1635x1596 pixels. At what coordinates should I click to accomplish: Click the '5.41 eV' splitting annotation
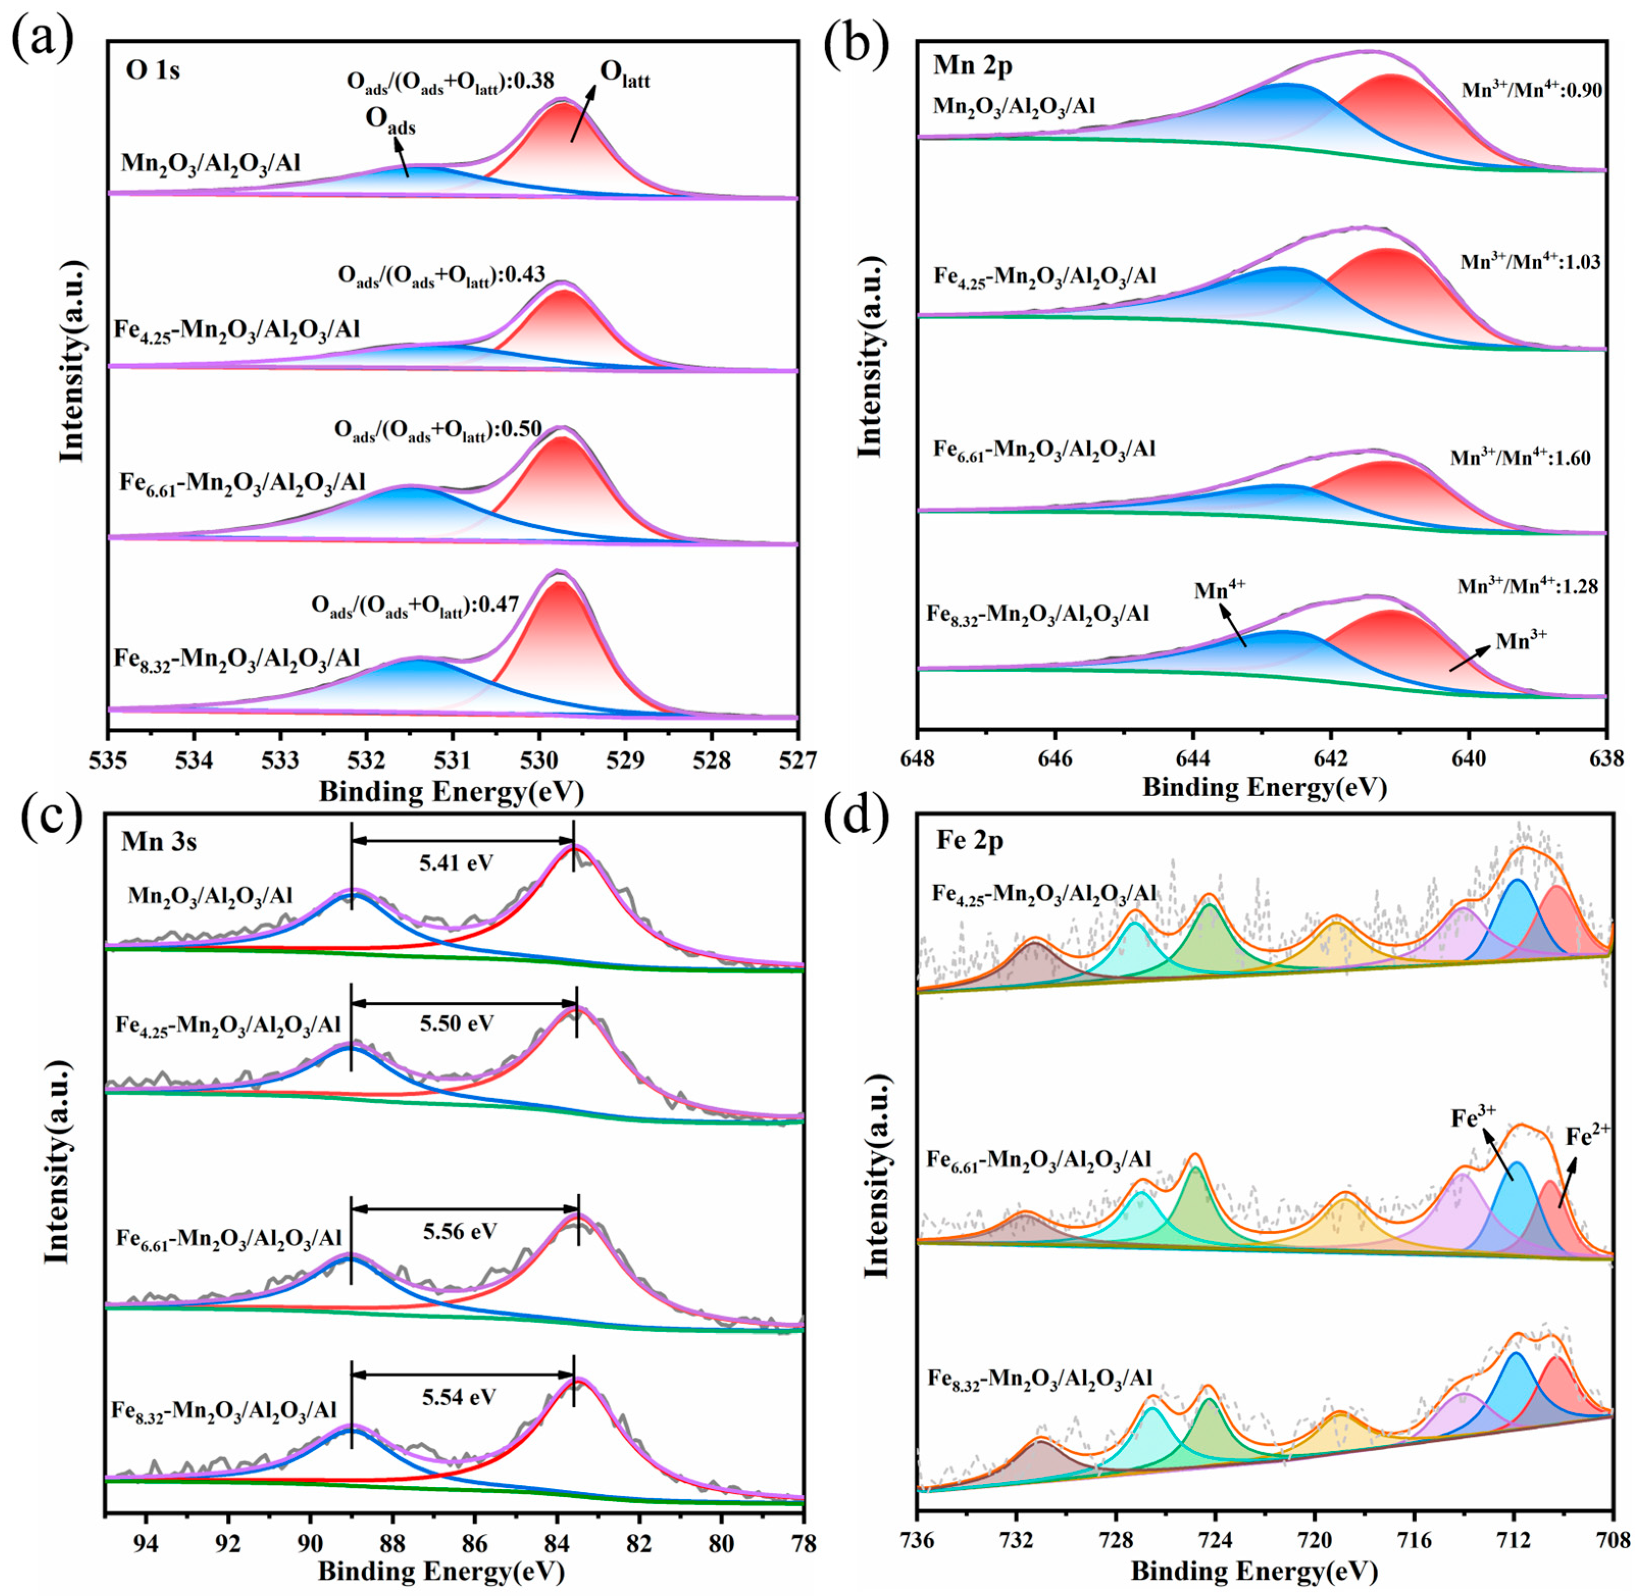tap(457, 862)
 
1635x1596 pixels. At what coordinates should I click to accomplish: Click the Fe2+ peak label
tap(1588, 1136)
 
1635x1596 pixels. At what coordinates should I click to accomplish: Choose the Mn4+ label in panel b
tap(1220, 589)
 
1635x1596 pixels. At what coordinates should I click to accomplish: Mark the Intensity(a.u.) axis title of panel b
tap(872, 356)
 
